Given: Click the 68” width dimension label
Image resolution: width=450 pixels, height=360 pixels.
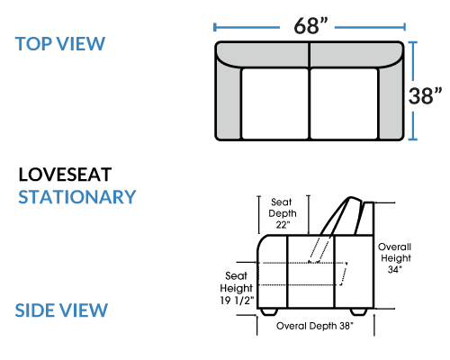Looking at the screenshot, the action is [x=310, y=25].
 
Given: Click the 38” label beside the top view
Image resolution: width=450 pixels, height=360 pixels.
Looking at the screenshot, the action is [x=425, y=96].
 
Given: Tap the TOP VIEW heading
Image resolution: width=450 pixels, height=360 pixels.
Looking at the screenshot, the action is [x=60, y=44].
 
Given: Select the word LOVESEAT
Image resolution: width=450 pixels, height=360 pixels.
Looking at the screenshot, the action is [x=65, y=175].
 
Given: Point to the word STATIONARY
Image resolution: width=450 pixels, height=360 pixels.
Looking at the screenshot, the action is [x=77, y=197].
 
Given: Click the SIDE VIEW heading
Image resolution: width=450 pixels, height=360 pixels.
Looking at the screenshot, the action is [x=61, y=310].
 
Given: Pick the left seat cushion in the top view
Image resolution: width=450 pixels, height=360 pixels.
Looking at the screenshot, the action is [x=275, y=103].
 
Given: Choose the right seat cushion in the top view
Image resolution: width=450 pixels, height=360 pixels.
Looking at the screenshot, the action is [x=344, y=103].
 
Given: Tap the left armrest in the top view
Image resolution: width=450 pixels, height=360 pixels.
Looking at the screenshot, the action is [x=229, y=102].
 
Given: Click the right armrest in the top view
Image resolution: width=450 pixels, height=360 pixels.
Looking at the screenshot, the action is [x=391, y=102].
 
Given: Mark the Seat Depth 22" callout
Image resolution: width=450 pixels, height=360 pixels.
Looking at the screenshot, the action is [x=283, y=213].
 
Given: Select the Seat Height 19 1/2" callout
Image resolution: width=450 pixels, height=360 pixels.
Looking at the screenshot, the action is [x=237, y=288].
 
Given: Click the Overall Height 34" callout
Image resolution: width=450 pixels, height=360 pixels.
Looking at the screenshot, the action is [x=395, y=258].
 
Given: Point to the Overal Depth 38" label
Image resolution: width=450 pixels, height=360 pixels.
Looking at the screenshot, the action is [x=315, y=326].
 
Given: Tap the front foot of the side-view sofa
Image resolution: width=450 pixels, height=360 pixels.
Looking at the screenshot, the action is [x=268, y=312].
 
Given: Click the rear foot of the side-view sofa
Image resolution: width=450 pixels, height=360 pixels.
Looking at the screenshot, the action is [x=359, y=312].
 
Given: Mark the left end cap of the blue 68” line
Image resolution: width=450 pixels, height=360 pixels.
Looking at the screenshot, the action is [x=214, y=27].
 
